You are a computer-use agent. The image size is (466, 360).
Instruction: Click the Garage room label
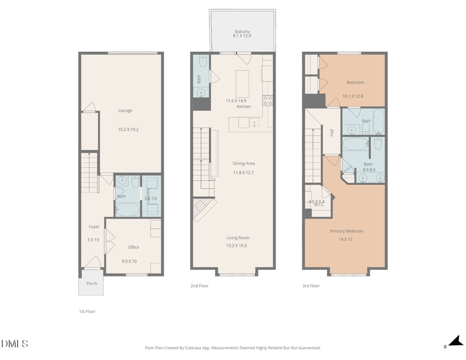click(x=125, y=110)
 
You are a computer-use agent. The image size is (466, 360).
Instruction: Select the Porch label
click(x=92, y=283)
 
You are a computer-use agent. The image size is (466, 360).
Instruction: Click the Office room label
click(x=133, y=247)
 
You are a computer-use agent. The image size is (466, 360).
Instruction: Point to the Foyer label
click(x=94, y=227)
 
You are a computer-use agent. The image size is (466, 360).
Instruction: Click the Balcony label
click(x=242, y=32)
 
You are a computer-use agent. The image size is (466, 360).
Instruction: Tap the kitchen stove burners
click(x=268, y=100)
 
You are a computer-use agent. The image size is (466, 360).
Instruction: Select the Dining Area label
click(x=243, y=164)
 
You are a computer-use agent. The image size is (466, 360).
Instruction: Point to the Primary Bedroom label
click(x=346, y=231)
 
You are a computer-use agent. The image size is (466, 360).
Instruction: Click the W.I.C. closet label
click(x=318, y=205)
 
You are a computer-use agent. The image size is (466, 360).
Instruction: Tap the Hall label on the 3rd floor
click(x=331, y=133)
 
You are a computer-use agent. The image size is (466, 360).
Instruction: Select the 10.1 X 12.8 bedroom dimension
click(x=353, y=96)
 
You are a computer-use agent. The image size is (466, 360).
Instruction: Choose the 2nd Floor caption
click(x=199, y=285)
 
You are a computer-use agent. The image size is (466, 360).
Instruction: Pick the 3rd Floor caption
click(x=311, y=285)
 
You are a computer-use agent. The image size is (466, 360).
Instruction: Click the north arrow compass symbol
click(x=455, y=341)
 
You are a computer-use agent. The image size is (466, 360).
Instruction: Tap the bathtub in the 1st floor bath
click(x=127, y=209)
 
